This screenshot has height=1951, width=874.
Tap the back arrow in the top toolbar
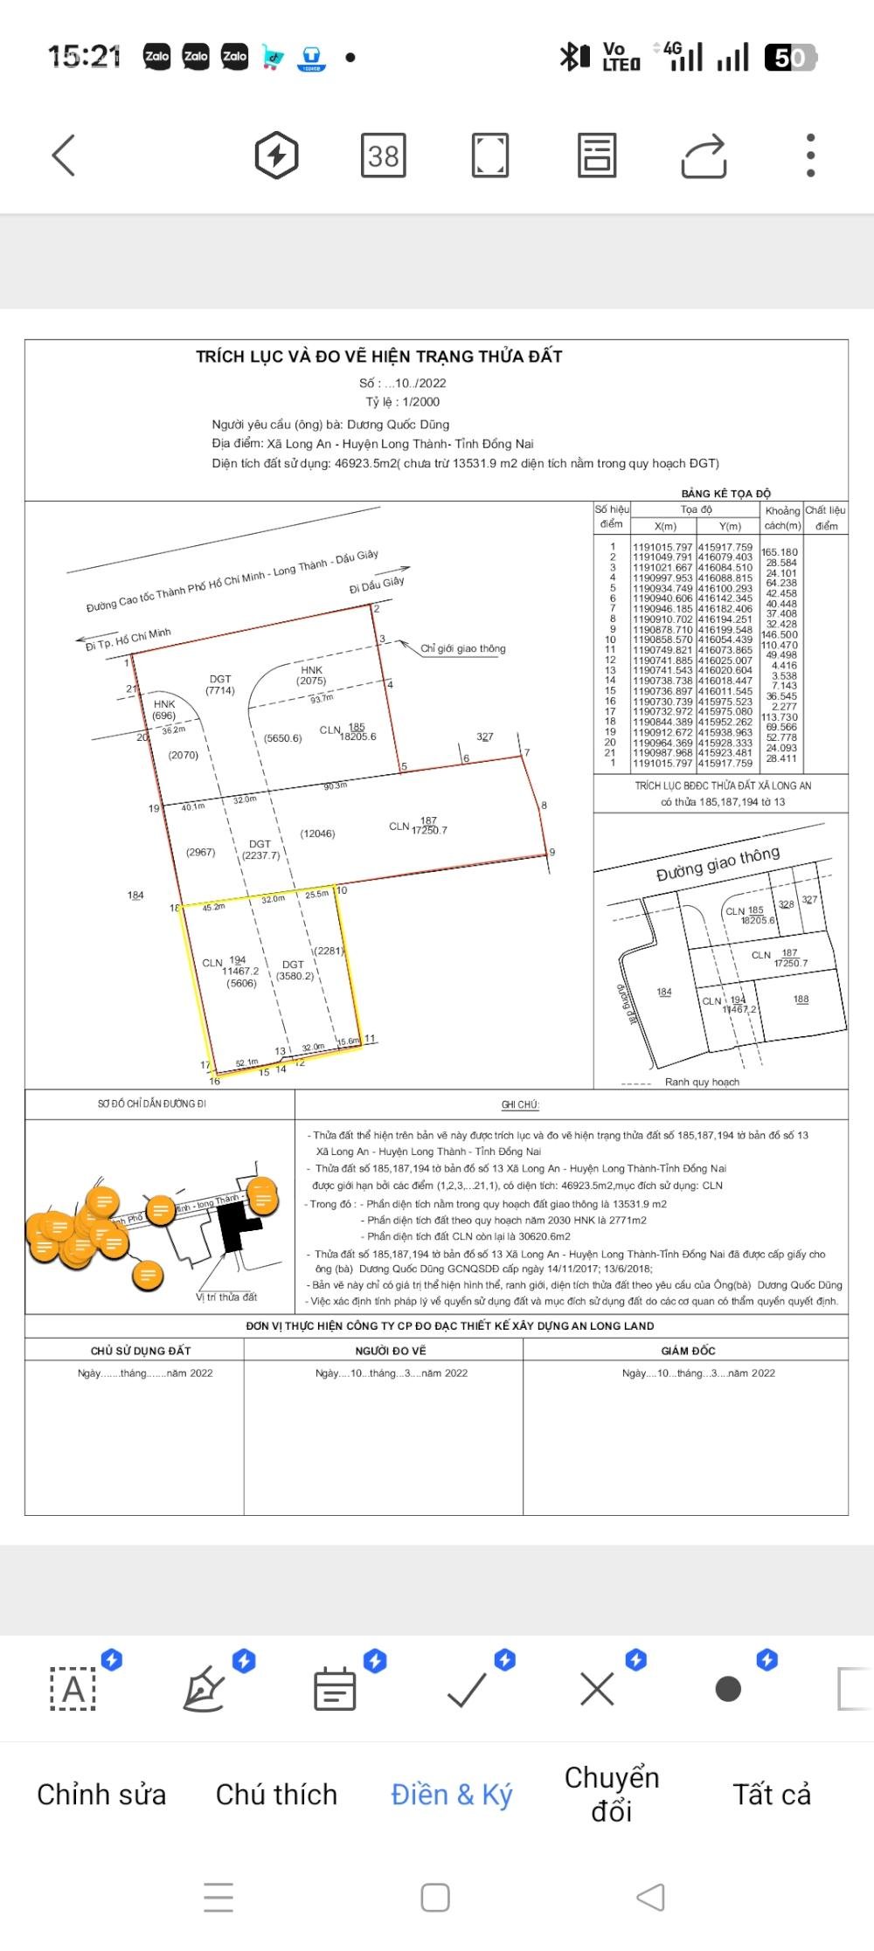(64, 156)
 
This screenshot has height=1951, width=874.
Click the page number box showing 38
(383, 156)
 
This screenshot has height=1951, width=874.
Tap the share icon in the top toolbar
(704, 156)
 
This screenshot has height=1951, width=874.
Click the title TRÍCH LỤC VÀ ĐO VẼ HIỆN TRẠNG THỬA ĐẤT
(378, 356)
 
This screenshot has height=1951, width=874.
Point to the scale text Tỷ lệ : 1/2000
(402, 402)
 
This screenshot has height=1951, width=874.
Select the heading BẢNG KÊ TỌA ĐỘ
(726, 494)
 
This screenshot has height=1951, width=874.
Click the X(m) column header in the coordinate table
(665, 526)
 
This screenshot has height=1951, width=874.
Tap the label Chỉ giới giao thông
(462, 648)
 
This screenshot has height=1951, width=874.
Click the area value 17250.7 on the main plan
(429, 830)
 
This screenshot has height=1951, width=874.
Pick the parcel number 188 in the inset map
(801, 999)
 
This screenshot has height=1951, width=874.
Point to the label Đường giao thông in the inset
(718, 864)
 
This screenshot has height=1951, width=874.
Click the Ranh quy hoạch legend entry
(701, 1082)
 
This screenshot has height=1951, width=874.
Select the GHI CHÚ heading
(520, 1104)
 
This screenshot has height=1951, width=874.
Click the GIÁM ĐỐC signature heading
(688, 1351)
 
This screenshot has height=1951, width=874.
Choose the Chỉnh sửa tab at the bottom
(101, 1794)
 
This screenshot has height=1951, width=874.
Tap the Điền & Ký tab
(451, 1794)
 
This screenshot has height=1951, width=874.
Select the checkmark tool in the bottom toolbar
(467, 1690)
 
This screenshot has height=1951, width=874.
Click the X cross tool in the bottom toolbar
(597, 1690)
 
